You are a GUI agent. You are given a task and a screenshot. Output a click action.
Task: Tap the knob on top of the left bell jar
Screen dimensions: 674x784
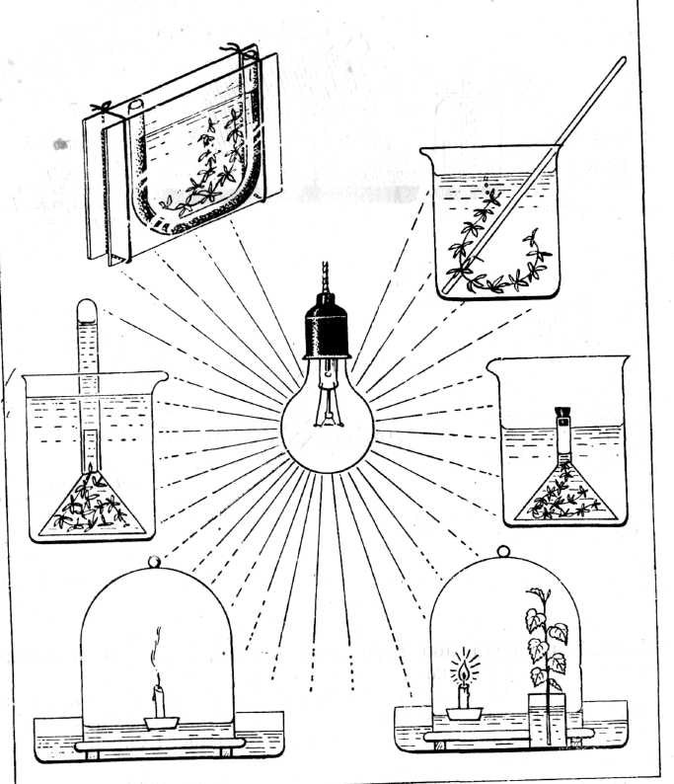(x=154, y=561)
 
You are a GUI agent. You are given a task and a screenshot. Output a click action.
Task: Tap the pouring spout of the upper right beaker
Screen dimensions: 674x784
(x=425, y=151)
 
